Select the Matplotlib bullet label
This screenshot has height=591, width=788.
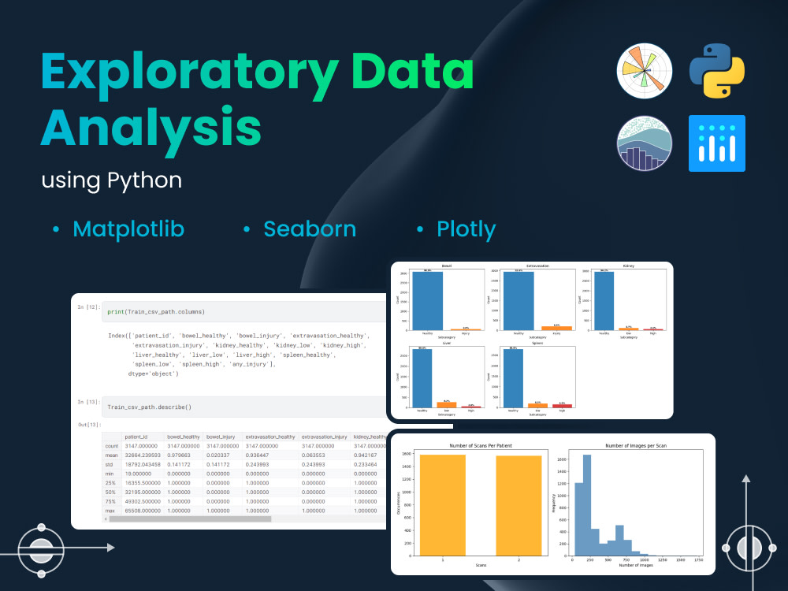point(128,229)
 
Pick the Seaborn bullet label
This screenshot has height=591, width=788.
point(310,229)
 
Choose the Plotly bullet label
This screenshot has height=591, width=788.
point(466,229)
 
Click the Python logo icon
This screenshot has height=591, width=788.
point(717,70)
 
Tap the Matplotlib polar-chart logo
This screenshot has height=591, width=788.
point(645,70)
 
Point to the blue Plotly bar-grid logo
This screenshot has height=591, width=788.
point(717,143)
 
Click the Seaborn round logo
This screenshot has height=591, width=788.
point(645,143)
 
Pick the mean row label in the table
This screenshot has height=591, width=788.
point(112,455)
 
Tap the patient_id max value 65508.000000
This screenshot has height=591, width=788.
point(143,511)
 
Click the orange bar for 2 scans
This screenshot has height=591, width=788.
point(519,505)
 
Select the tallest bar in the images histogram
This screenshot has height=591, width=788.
point(586,505)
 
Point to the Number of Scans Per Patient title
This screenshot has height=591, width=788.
point(481,446)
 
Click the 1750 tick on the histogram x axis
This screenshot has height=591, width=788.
point(697,560)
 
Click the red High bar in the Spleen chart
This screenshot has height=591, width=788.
point(562,406)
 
